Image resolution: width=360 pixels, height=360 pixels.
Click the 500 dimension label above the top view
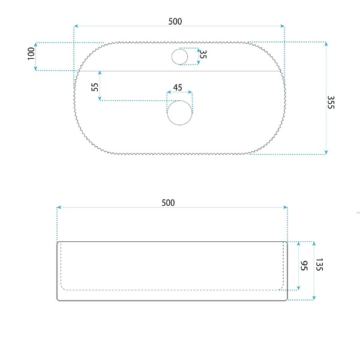pyautogui.click(x=175, y=22)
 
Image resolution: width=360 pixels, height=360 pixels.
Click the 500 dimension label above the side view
pyautogui.click(x=168, y=203)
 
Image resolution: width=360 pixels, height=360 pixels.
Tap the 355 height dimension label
pyautogui.click(x=331, y=102)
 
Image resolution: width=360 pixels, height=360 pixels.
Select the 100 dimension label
pyautogui.click(x=31, y=54)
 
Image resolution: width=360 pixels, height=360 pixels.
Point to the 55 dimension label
pyautogui.click(x=95, y=87)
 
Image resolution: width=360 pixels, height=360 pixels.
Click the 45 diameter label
pyautogui.click(x=178, y=88)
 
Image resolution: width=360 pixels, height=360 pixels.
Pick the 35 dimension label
pyautogui.click(x=203, y=55)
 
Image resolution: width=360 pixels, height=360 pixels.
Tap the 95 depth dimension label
pyautogui.click(x=304, y=266)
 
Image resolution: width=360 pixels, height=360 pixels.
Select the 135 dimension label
pyautogui.click(x=319, y=265)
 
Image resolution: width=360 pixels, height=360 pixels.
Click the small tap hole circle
pyautogui.click(x=180, y=57)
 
